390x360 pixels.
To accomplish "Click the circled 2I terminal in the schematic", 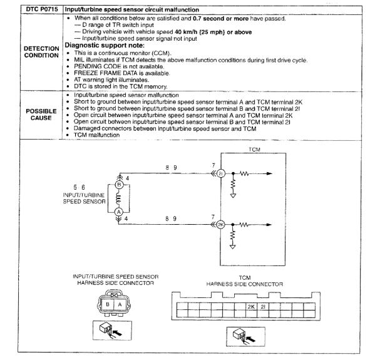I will (x=220, y=173).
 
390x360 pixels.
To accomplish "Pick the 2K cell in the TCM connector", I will (x=250, y=307).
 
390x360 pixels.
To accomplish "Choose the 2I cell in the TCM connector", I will (x=263, y=307).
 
